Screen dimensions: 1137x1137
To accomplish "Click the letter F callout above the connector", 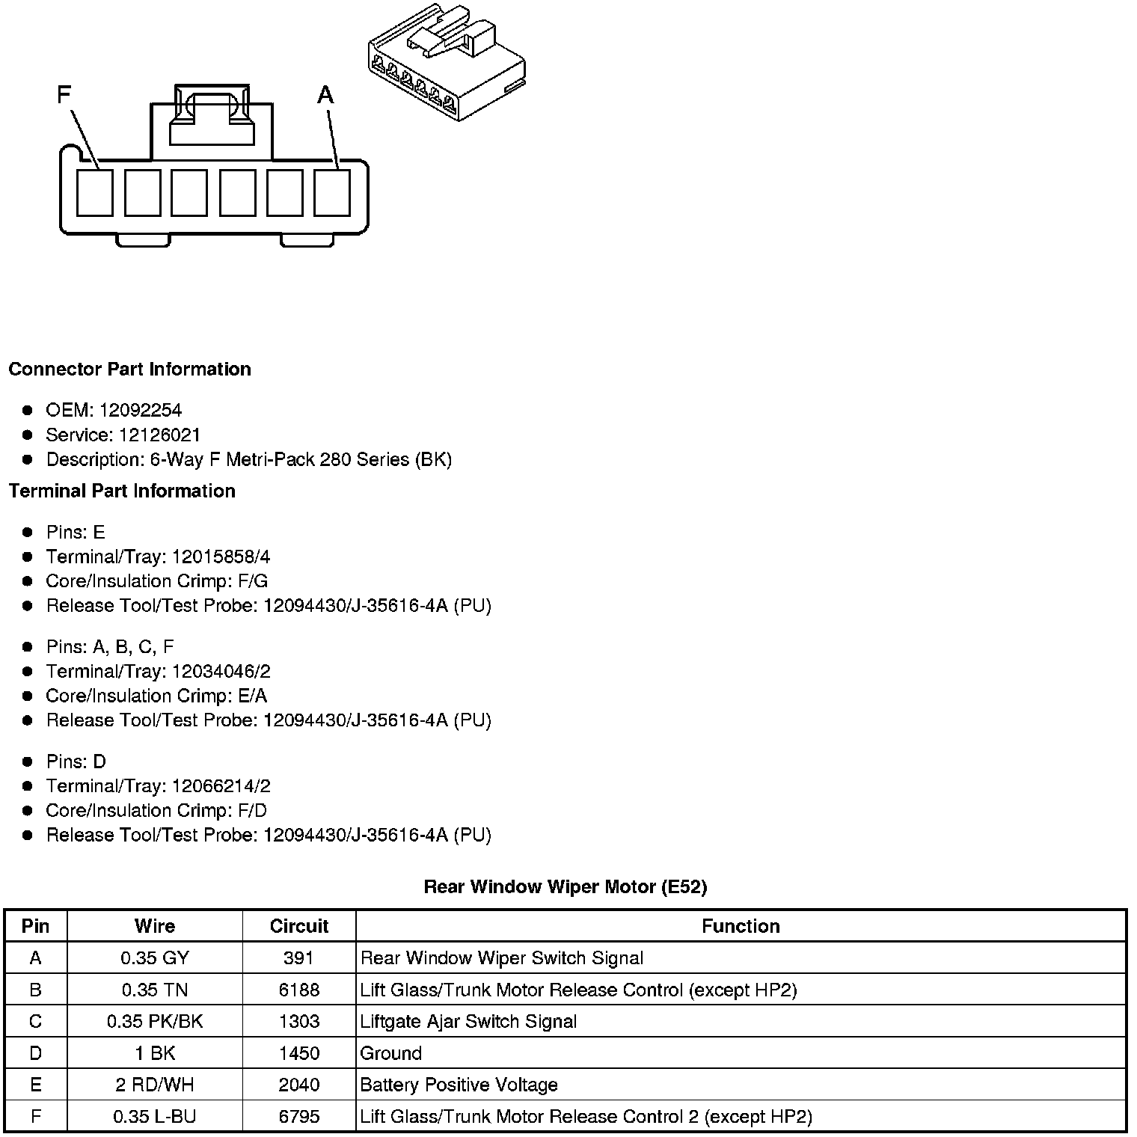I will (64, 95).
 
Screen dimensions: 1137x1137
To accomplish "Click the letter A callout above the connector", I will (325, 95).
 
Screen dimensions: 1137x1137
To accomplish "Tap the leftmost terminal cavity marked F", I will (95, 193).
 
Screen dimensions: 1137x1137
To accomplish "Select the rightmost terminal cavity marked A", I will (332, 193).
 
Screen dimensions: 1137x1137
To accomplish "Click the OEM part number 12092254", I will (140, 410).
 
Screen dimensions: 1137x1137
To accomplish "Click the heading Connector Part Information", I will (129, 370).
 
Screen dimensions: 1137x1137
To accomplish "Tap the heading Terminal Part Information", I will (122, 491).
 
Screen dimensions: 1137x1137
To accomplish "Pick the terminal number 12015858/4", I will (221, 557).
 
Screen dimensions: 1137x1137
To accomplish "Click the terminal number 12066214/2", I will (221, 786).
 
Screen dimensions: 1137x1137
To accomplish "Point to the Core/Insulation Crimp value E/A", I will (251, 696).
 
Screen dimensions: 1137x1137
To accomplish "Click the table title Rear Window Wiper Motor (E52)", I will (565, 886).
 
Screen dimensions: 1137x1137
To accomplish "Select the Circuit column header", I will (299, 926).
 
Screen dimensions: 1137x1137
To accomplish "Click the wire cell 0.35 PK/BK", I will (155, 1022).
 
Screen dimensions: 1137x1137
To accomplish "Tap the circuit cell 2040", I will (299, 1085).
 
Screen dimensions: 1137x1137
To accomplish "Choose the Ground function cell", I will (391, 1053).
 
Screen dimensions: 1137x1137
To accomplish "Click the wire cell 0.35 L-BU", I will (155, 1117).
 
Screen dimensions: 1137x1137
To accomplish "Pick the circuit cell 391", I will (299, 958).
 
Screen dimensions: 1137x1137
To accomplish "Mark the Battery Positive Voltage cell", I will (459, 1085).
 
